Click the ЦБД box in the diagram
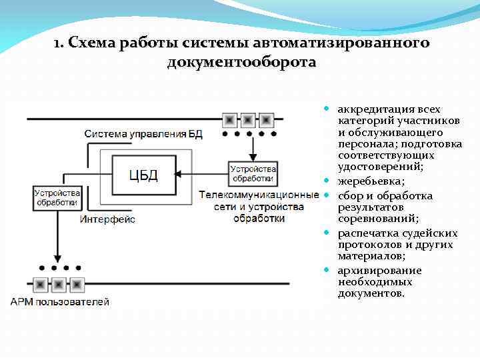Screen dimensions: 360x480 pos(143,176)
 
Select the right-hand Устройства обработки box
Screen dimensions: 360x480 pos(252,173)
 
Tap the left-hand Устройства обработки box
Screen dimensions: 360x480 pos(56,197)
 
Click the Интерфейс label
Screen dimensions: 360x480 pos(107,219)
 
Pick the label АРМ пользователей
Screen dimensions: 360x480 pos(59,302)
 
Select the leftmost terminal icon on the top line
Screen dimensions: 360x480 pos(230,120)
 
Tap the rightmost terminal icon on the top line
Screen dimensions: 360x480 pos(266,120)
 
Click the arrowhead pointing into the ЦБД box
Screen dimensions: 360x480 pos(181,175)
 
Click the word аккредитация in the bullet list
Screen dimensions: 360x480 pos(371,109)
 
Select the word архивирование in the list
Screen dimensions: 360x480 pos(379,271)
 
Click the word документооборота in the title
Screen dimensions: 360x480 pos(242,63)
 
